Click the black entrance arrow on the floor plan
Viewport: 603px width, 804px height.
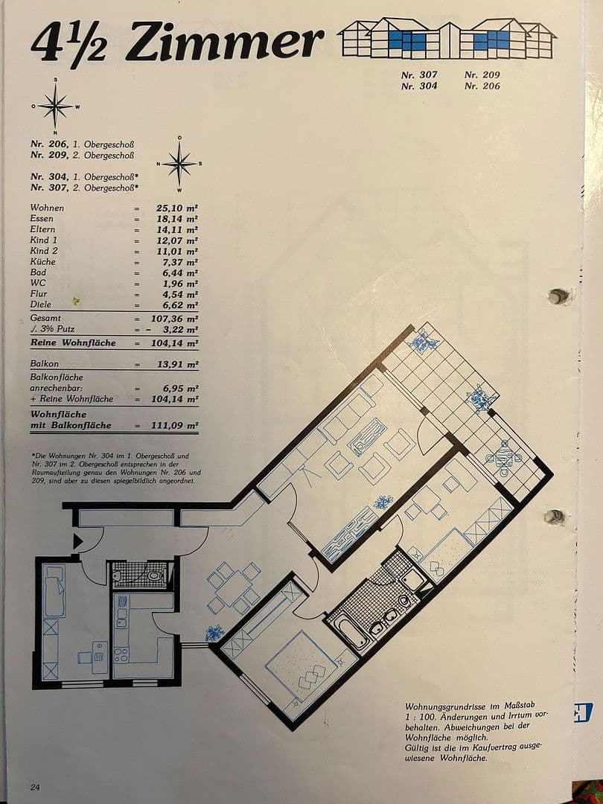(77, 542)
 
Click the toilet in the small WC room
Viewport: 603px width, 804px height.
(153, 575)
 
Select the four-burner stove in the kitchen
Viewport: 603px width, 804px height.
(121, 655)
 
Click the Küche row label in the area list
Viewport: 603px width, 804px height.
(42, 262)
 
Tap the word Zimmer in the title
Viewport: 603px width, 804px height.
(223, 42)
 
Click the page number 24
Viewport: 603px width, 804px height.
(36, 787)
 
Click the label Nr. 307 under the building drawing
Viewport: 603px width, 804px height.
(419, 75)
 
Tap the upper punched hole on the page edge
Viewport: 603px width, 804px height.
(557, 297)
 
